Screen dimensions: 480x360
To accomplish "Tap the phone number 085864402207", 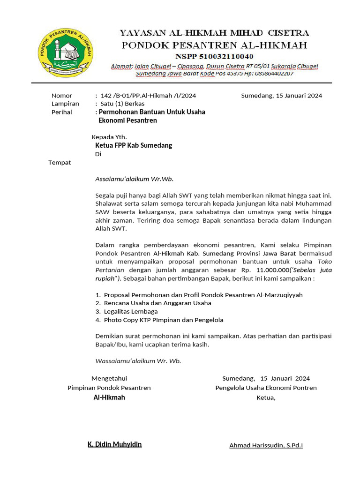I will (x=273, y=74).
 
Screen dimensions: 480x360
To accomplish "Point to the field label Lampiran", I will (x=65, y=104).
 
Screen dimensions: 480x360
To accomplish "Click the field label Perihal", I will (x=62, y=112).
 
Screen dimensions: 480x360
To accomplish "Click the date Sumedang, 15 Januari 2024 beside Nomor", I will (x=281, y=96).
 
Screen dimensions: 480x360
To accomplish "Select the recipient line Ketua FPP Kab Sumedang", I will (x=134, y=145).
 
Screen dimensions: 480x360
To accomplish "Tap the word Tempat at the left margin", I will (x=60, y=163).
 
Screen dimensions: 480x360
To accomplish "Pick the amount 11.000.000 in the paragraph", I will (x=273, y=270).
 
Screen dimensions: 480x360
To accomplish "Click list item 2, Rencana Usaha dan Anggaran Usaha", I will (x=157, y=303).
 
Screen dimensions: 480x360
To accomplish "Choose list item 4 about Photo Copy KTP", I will (x=163, y=320).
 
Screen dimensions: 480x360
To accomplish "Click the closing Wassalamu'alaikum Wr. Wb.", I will (x=138, y=361).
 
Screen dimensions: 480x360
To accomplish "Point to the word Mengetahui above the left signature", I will (x=109, y=378).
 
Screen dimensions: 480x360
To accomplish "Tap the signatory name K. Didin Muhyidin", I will (x=115, y=444).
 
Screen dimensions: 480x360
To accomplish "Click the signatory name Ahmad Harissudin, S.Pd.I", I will (x=266, y=445).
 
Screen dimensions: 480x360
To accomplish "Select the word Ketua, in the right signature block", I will (x=266, y=397).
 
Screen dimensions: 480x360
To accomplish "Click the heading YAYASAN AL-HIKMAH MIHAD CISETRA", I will (x=214, y=33).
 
